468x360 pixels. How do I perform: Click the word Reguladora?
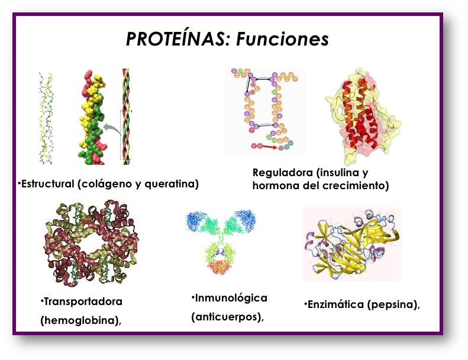pos(282,173)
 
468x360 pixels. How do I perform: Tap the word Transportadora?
pos(83,301)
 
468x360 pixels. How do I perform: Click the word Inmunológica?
pos(231,297)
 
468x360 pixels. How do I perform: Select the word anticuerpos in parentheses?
pos(227,316)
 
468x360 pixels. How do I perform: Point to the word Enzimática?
pos(335,304)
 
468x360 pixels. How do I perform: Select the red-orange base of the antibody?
pos(221,268)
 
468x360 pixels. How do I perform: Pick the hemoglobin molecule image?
pos(91,242)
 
